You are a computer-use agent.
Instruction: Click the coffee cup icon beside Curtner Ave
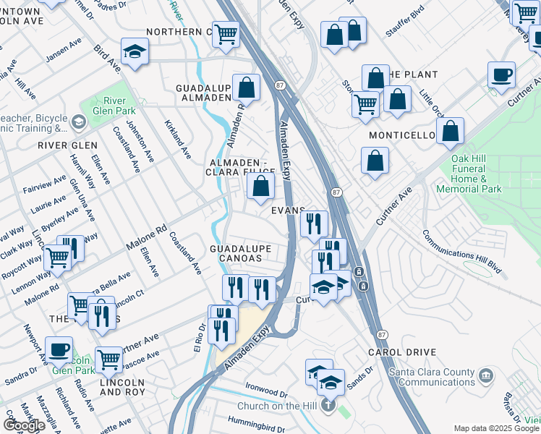click(x=500, y=75)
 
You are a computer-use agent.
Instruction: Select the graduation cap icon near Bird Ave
click(x=135, y=51)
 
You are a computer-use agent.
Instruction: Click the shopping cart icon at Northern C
click(x=227, y=33)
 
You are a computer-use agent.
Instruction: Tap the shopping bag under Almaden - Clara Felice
click(x=260, y=187)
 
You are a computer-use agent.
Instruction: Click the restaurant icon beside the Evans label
click(x=314, y=224)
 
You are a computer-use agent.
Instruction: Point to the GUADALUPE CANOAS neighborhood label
click(x=240, y=255)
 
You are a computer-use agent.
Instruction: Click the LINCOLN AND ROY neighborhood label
click(x=122, y=386)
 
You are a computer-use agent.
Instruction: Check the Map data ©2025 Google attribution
click(x=496, y=428)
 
